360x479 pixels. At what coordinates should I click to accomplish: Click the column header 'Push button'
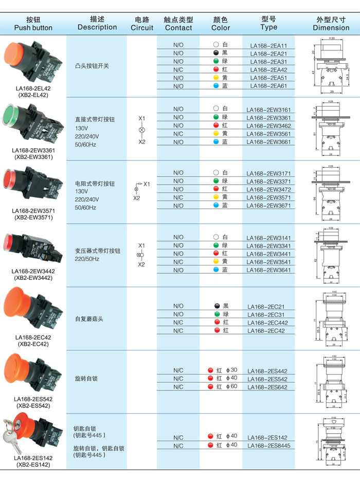coord(33,28)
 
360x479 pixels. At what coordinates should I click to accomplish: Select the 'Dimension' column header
coord(331,28)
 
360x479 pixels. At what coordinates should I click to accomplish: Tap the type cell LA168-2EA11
coord(268,45)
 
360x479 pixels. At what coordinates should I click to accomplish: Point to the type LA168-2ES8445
coord(268,446)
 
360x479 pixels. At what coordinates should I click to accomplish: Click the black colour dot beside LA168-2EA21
coord(217,53)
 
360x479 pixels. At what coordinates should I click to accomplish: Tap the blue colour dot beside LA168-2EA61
coord(217,86)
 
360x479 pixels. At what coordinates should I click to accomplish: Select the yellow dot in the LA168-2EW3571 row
coord(217,197)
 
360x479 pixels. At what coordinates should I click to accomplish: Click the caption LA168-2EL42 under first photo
coord(33,88)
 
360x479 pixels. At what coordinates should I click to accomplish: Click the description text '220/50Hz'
coord(87,259)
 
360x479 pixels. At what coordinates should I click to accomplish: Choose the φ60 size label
coord(231,386)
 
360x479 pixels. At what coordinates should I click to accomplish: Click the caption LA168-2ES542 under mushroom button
coord(33,399)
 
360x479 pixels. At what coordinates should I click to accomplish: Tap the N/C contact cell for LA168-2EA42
coord(178,69)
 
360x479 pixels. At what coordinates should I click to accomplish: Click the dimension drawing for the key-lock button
coord(332,441)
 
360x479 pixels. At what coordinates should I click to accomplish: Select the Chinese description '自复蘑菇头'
coord(89,319)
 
